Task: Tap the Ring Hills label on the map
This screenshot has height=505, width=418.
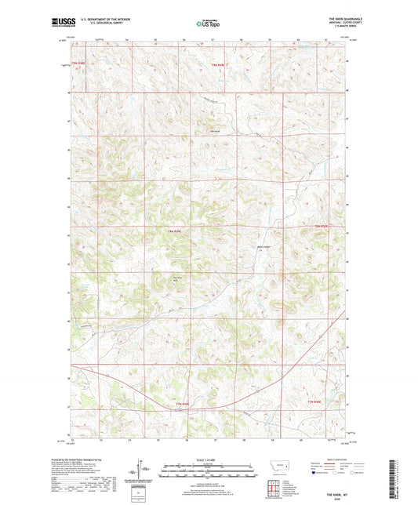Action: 177,276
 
